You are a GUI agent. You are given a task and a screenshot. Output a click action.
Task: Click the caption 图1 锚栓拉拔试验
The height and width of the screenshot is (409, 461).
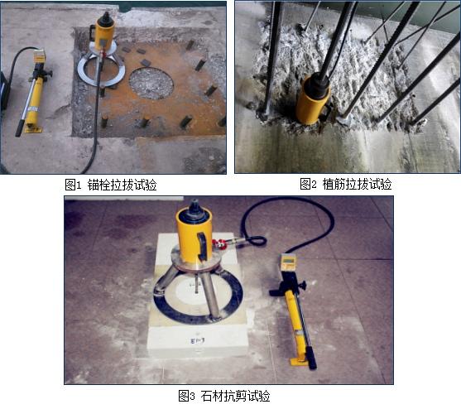point(111,185)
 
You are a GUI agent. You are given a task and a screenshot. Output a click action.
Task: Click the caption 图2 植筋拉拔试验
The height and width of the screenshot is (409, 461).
point(346,184)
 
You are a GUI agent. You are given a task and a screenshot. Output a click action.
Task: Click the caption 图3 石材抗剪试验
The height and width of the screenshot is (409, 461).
point(224,396)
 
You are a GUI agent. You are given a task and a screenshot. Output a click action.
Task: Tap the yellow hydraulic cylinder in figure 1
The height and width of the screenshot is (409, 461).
point(103,32)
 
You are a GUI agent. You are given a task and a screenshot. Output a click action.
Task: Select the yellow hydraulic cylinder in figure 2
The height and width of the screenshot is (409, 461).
point(313,100)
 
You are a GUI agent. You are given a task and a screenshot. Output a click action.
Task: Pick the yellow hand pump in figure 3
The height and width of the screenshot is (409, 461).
point(294,310)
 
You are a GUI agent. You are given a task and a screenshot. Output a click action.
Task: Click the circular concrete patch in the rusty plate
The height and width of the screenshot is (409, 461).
point(151,84)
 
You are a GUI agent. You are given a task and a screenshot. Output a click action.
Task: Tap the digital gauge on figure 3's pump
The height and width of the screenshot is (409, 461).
point(288,262)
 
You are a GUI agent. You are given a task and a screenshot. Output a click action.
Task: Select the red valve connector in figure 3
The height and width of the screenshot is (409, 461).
point(218,244)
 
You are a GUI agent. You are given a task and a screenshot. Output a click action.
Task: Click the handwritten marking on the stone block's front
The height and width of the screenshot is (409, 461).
point(198,341)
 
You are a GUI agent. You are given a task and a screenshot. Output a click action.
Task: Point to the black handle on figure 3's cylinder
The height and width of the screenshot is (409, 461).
point(202,247)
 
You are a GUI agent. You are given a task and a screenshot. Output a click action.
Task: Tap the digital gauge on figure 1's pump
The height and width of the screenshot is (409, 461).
point(40,56)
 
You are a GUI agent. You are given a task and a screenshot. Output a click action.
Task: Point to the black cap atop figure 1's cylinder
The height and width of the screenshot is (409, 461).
point(104,20)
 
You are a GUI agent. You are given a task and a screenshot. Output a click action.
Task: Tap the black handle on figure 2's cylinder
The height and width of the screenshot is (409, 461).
point(327,110)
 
